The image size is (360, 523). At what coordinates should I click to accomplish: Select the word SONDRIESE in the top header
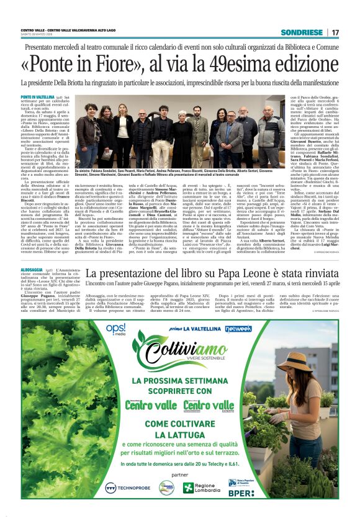coord(301,32)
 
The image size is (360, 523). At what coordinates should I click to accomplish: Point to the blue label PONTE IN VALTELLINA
coord(37,98)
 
